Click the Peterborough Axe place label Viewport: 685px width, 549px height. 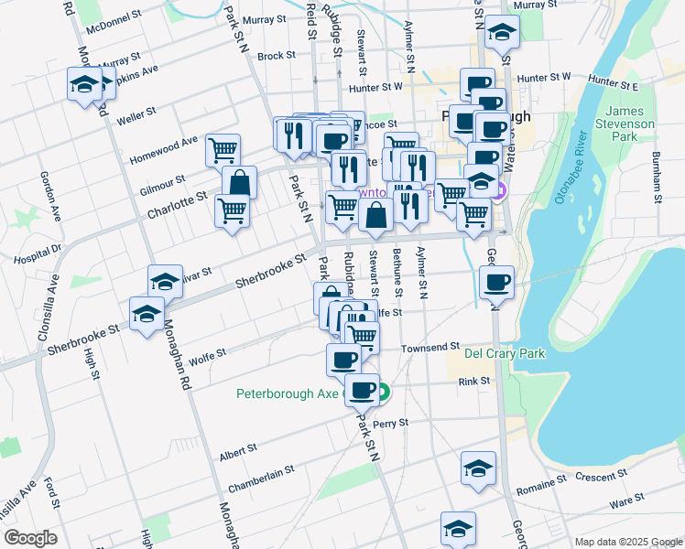click(288, 395)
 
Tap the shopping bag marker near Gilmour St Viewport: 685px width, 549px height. click(239, 184)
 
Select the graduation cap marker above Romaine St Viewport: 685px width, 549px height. click(477, 468)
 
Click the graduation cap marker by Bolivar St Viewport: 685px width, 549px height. click(165, 282)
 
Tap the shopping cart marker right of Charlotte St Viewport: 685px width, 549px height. click(233, 210)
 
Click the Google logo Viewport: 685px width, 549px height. click(30, 538)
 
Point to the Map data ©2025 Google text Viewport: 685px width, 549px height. click(627, 542)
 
